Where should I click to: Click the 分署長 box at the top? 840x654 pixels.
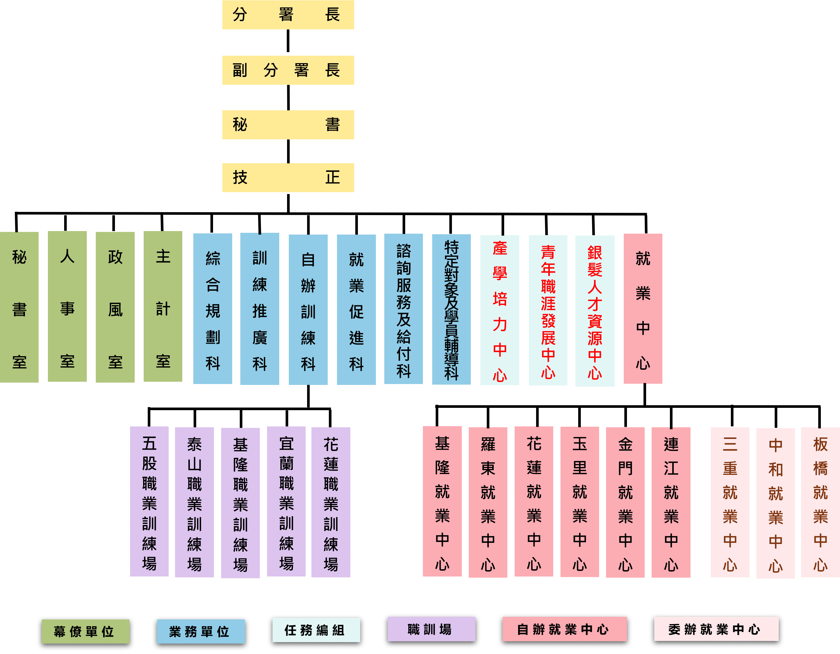tap(288, 15)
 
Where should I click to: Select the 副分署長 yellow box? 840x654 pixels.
tap(288, 70)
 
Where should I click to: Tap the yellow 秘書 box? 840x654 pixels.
tap(288, 125)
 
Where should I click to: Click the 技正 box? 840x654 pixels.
tap(288, 177)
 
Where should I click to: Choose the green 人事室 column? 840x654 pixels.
tap(67, 307)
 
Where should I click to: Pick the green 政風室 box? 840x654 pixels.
tap(115, 307)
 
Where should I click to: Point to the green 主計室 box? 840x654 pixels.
tap(163, 307)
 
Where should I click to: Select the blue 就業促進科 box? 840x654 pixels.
tap(356, 309)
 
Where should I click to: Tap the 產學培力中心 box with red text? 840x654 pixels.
tap(499, 310)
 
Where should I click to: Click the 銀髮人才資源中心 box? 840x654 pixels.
tap(595, 311)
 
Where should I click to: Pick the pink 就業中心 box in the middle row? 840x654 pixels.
tap(643, 309)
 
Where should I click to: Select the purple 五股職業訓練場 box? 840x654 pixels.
tap(149, 501)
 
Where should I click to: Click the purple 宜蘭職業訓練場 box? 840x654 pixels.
tap(286, 501)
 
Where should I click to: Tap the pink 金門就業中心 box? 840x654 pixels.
tap(625, 502)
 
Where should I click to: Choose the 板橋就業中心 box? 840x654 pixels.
tap(820, 502)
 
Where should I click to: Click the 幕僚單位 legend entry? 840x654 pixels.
tap(85, 631)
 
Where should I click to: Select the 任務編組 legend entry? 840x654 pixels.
tap(316, 630)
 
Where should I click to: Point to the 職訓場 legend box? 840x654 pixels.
tap(431, 629)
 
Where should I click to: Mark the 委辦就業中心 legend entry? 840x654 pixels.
tap(716, 629)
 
